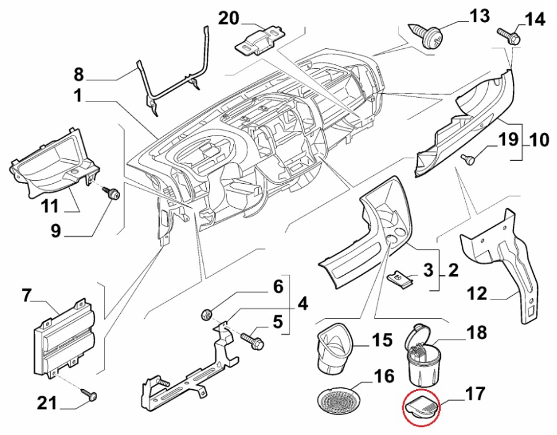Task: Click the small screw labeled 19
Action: (x=470, y=160)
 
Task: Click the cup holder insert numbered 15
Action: (x=335, y=349)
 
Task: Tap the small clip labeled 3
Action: (x=402, y=279)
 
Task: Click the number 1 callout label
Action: (x=78, y=97)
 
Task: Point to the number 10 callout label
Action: (x=539, y=140)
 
